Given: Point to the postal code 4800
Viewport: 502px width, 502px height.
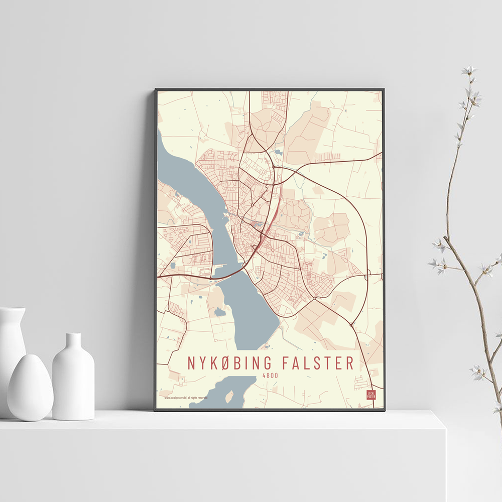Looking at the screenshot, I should point(271,375).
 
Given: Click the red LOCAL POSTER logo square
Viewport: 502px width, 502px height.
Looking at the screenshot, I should point(371,395).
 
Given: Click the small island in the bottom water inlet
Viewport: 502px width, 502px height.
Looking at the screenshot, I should point(229,397).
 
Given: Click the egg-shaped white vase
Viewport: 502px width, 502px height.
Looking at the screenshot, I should point(30,387).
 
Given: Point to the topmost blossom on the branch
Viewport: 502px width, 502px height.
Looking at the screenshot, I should point(469,70).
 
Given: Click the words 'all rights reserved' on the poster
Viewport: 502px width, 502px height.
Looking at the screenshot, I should point(198,398).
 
